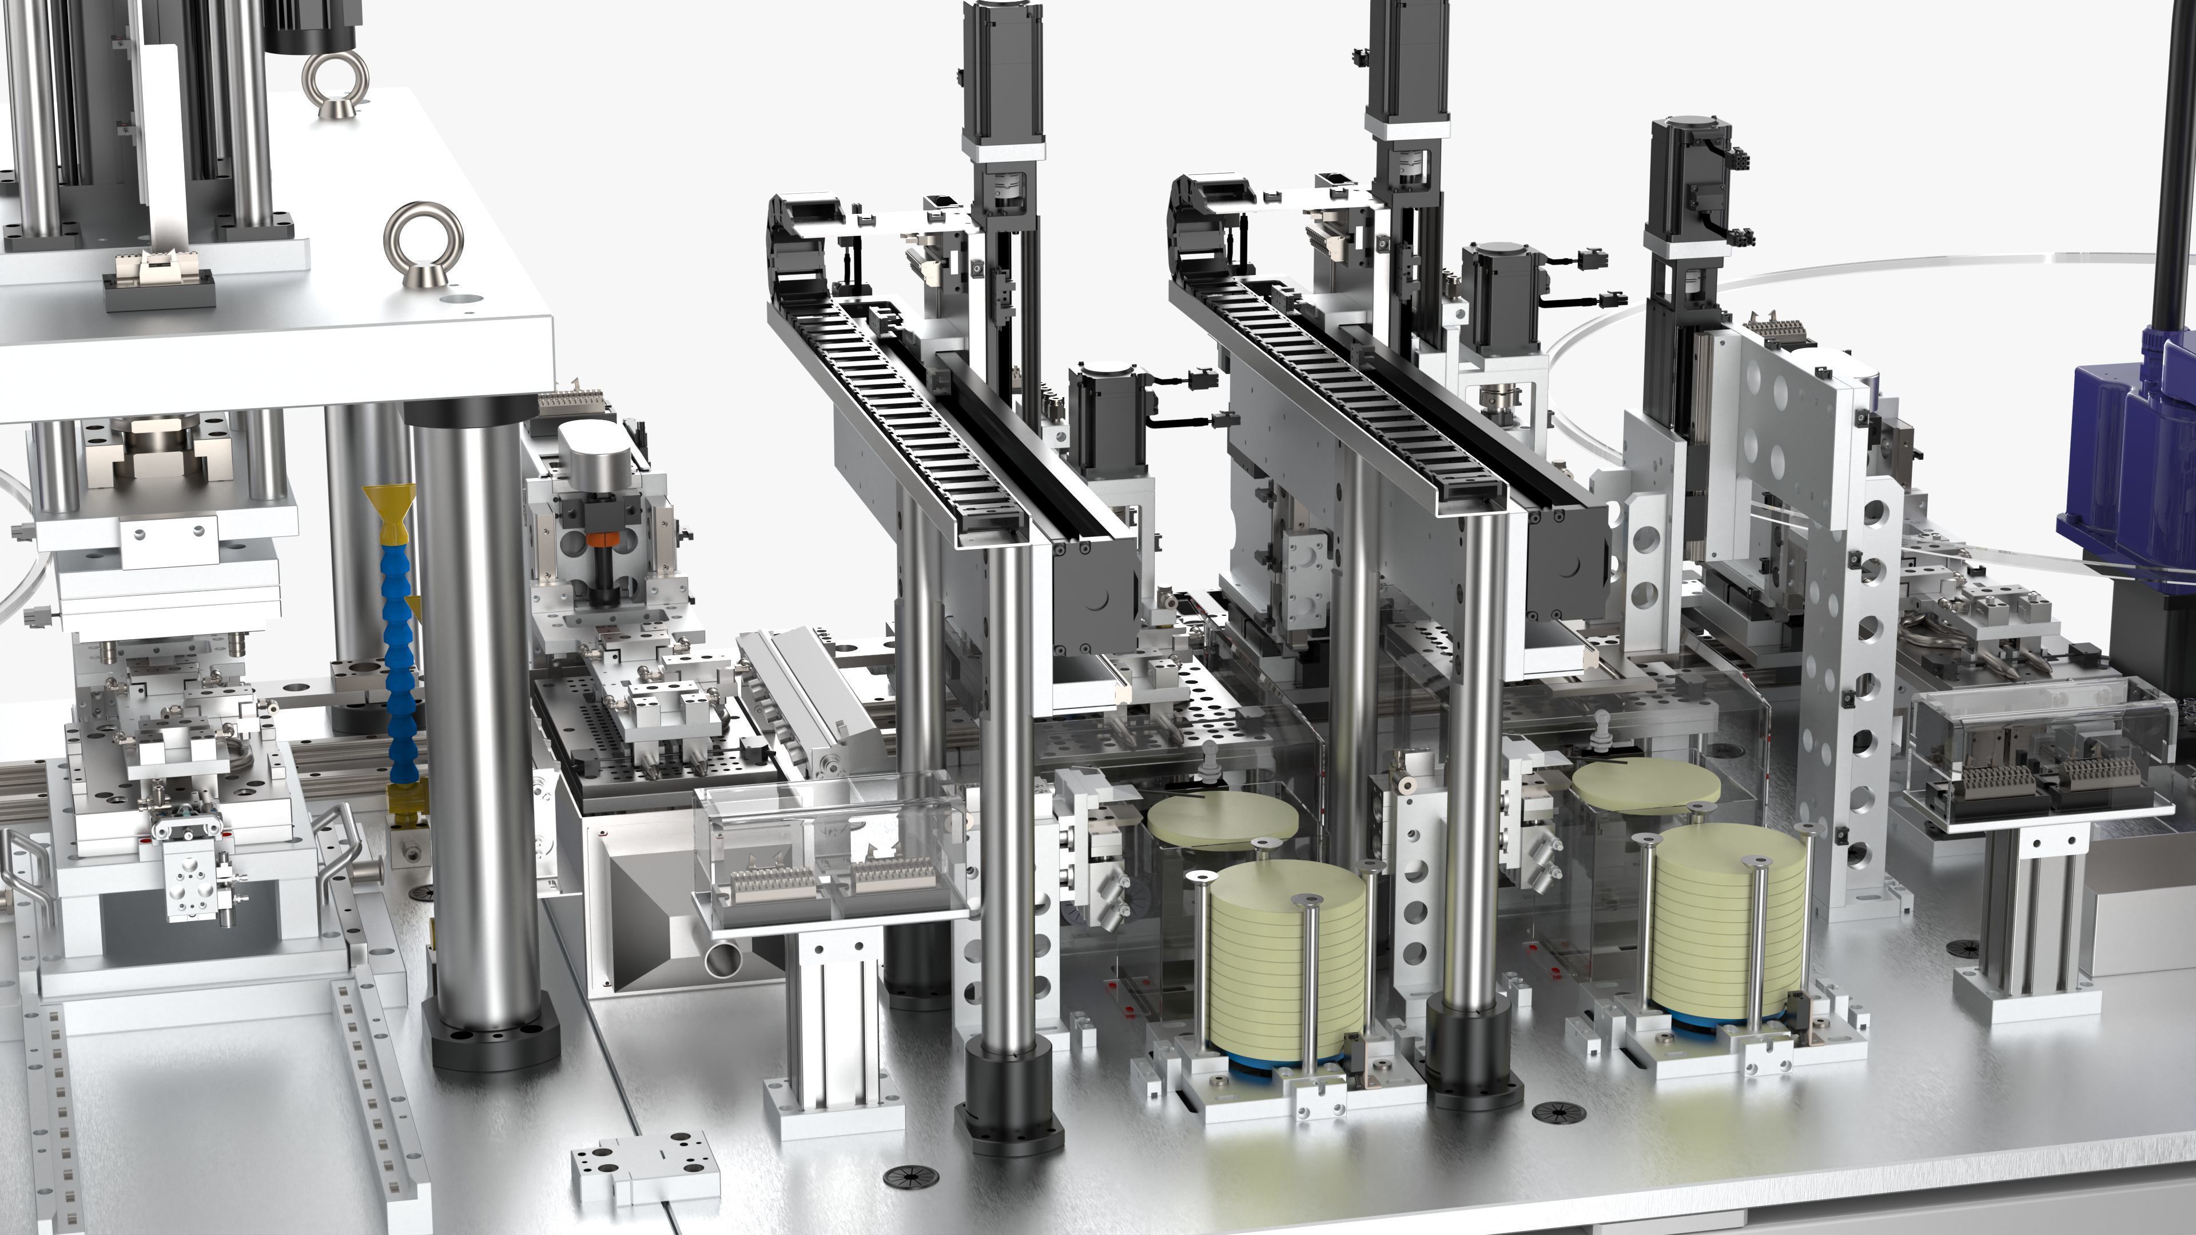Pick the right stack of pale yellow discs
click(1726, 925)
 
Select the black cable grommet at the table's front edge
click(910, 1178)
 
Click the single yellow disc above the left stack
click(1222, 818)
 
